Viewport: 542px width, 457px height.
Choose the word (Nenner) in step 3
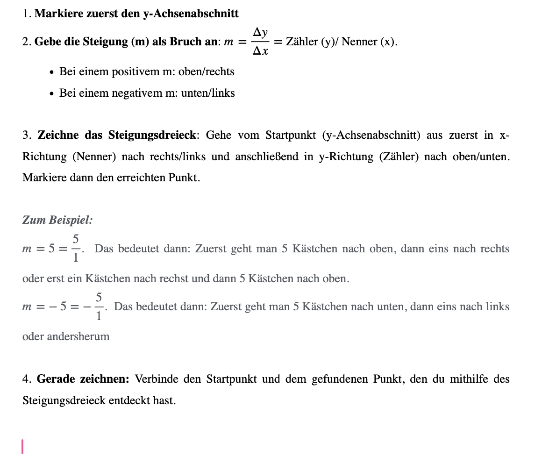(x=94, y=157)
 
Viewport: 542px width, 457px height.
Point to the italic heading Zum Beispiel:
(x=57, y=220)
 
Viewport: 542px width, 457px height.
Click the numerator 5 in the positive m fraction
(x=75, y=239)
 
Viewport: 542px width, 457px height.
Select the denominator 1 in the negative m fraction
(x=99, y=316)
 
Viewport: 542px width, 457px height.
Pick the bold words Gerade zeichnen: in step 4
(x=83, y=379)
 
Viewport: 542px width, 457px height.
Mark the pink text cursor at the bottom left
(x=22, y=446)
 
